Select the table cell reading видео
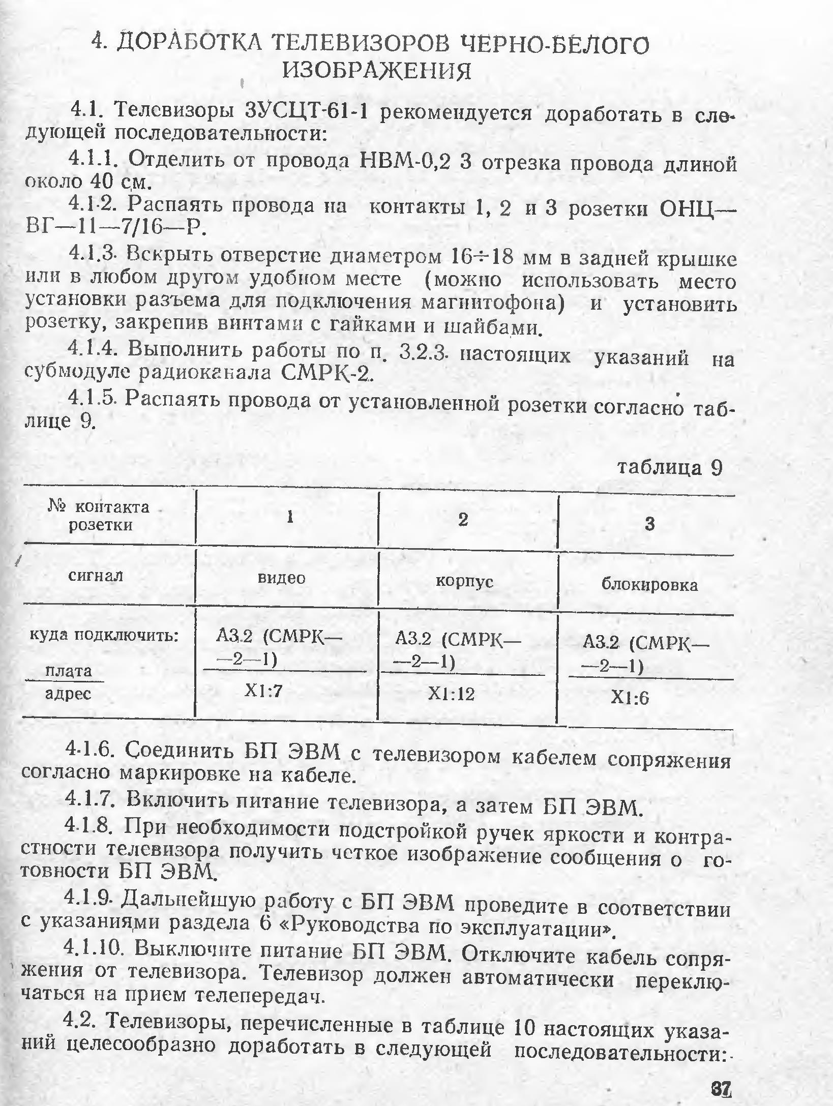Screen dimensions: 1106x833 tap(282, 578)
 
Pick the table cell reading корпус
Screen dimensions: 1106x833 tap(464, 581)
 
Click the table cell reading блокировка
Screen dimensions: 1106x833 tap(649, 585)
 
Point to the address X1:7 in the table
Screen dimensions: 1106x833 tap(263, 690)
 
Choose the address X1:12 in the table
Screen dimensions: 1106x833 tap(451, 694)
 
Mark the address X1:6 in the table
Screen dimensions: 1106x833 tap(630, 698)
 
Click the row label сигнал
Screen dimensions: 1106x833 tap(96, 576)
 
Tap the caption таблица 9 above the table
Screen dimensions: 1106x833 tap(670, 467)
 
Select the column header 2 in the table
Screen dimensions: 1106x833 tap(463, 520)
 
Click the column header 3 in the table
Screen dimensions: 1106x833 tap(649, 524)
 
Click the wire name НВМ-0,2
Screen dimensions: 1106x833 tap(404, 162)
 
